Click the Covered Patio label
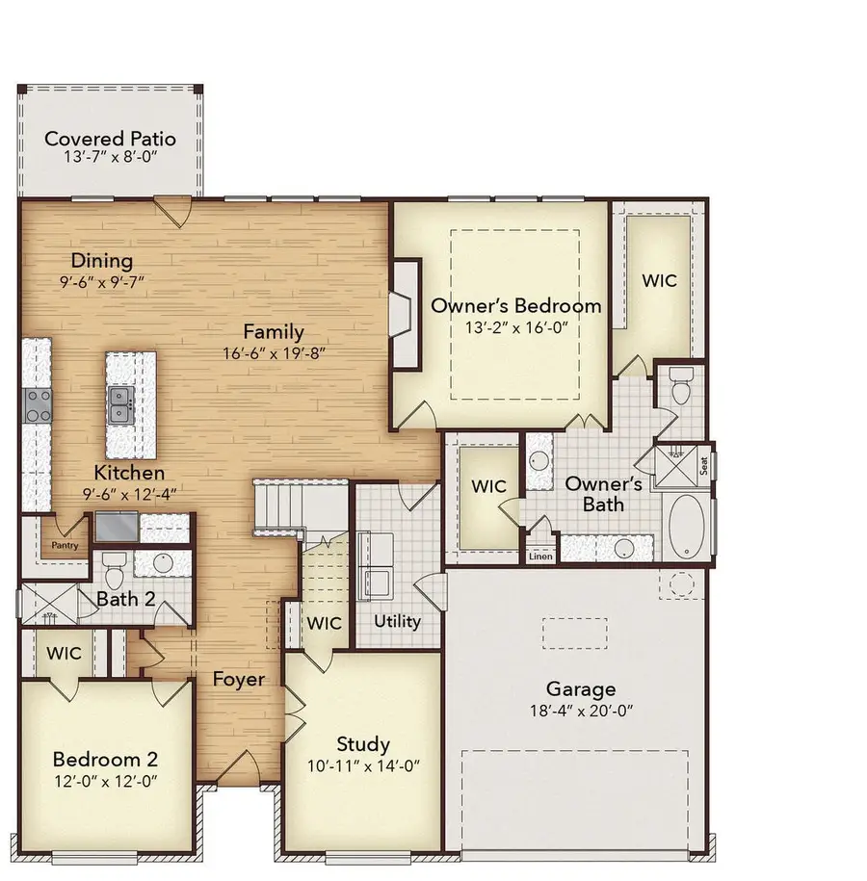pyautogui.click(x=110, y=139)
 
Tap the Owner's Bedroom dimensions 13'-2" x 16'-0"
pyautogui.click(x=515, y=326)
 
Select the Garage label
pyautogui.click(x=581, y=688)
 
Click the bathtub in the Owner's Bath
pyautogui.click(x=687, y=529)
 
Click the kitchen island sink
pyautogui.click(x=121, y=403)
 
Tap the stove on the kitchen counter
pyautogui.click(x=38, y=403)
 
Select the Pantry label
pyautogui.click(x=64, y=545)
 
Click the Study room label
pyautogui.click(x=362, y=744)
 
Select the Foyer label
pyautogui.click(x=238, y=680)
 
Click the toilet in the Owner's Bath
pyautogui.click(x=682, y=389)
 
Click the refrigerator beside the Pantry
pyautogui.click(x=116, y=527)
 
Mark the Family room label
pyautogui.click(x=274, y=332)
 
